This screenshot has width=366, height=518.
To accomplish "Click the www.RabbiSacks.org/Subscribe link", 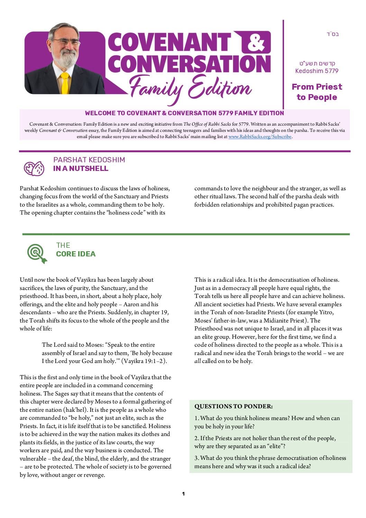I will tap(260, 137).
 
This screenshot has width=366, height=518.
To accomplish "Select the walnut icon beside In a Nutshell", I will tap(34, 169).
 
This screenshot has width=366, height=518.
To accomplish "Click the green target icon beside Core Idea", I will tap(37, 253).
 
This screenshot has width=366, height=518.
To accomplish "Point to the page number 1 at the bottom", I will tap(183, 494).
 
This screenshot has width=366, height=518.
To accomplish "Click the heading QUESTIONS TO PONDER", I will tap(234, 406).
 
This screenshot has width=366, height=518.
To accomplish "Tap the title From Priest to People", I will tap(317, 92).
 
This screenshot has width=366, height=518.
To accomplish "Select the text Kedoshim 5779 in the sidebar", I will tap(317, 71).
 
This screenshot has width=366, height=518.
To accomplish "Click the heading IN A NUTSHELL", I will tap(81, 169).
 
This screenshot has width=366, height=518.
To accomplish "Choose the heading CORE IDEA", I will tap(76, 254).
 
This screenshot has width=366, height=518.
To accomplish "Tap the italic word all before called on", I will tap(198, 361).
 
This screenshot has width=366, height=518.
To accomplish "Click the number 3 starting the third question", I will tap(196, 458).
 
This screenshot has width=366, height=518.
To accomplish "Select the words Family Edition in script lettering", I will tap(190, 88).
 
